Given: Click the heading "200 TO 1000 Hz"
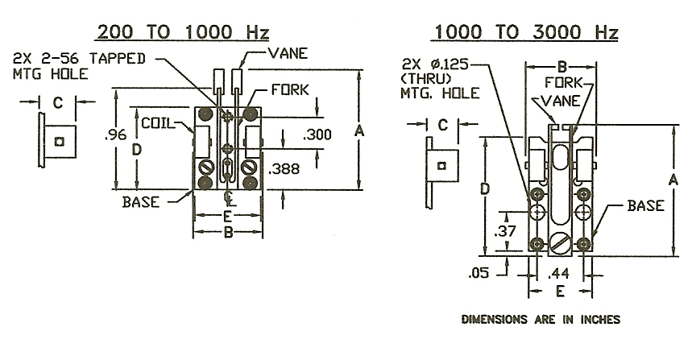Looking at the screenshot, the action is (x=183, y=32).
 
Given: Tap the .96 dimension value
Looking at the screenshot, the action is (x=116, y=134).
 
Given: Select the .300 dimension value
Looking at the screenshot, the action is (x=317, y=134).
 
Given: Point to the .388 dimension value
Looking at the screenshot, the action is (x=284, y=168).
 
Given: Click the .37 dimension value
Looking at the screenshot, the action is (x=505, y=230).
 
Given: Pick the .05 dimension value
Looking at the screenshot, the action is (x=479, y=273).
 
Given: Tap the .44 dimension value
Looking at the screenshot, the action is (x=558, y=274).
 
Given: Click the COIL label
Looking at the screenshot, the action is (x=158, y=122).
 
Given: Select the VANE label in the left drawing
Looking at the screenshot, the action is (x=288, y=53).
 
